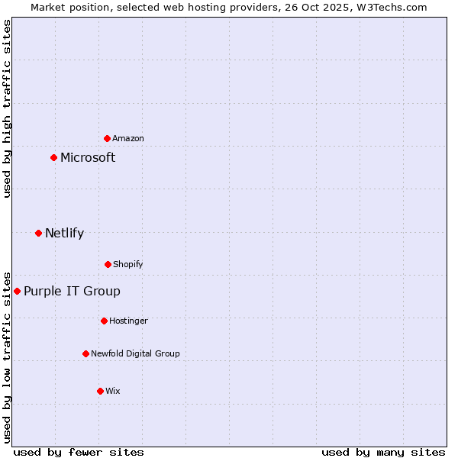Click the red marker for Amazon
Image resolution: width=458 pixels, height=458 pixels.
point(107,138)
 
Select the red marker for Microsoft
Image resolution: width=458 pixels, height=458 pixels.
point(53,158)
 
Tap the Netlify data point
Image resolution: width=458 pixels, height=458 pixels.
point(38,233)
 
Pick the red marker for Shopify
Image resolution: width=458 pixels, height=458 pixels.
point(108,264)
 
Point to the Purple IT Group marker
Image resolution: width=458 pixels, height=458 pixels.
point(17,291)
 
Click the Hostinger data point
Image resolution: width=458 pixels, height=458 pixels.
point(104,321)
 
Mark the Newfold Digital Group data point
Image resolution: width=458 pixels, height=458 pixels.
point(85,353)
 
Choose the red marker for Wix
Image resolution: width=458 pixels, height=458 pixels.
point(100,391)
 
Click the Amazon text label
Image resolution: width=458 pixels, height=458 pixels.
point(128,138)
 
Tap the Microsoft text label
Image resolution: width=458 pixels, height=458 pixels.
point(88,158)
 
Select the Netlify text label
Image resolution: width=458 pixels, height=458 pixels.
point(64,234)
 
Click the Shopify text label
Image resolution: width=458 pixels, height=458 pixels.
point(128,264)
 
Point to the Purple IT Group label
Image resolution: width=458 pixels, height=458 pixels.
point(72,292)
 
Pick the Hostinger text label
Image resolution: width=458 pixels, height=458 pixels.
point(128,321)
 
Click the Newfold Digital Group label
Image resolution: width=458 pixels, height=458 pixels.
point(135,353)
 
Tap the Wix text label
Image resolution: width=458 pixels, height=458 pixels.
point(113,391)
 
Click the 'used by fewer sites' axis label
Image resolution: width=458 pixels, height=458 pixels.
point(79,453)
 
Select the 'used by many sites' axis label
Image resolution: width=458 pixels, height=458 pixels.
point(383,453)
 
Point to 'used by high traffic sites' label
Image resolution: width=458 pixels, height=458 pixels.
point(7,108)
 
